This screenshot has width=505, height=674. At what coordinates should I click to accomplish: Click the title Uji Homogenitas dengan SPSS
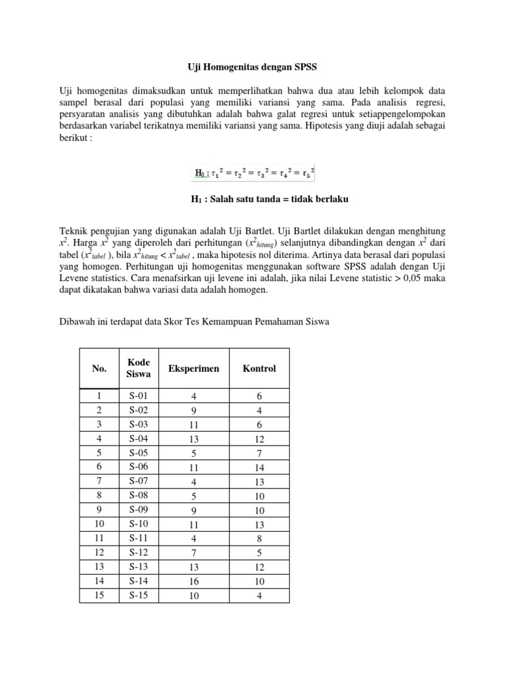pyautogui.click(x=252, y=66)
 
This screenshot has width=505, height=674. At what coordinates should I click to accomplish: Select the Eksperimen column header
pyautogui.click(x=193, y=369)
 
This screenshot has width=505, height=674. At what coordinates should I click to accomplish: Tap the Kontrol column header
pyautogui.click(x=259, y=369)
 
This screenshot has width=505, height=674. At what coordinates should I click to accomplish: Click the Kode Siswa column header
pyautogui.click(x=139, y=369)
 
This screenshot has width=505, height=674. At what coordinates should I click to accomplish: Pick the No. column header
pyautogui.click(x=99, y=369)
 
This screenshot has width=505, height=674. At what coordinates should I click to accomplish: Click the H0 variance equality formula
pyautogui.click(x=254, y=174)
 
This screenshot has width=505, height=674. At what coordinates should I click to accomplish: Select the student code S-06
pyautogui.click(x=139, y=467)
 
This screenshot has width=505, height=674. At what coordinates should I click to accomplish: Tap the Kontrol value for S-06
pyautogui.click(x=259, y=467)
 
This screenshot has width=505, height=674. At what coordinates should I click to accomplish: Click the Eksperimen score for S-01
pyautogui.click(x=193, y=396)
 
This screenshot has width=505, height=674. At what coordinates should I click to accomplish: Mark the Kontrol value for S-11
pyautogui.click(x=259, y=539)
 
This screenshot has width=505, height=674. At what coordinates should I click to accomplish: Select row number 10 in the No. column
pyautogui.click(x=99, y=525)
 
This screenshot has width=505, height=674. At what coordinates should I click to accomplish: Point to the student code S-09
pyautogui.click(x=139, y=510)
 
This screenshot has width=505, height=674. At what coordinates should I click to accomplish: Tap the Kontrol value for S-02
pyautogui.click(x=259, y=410)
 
